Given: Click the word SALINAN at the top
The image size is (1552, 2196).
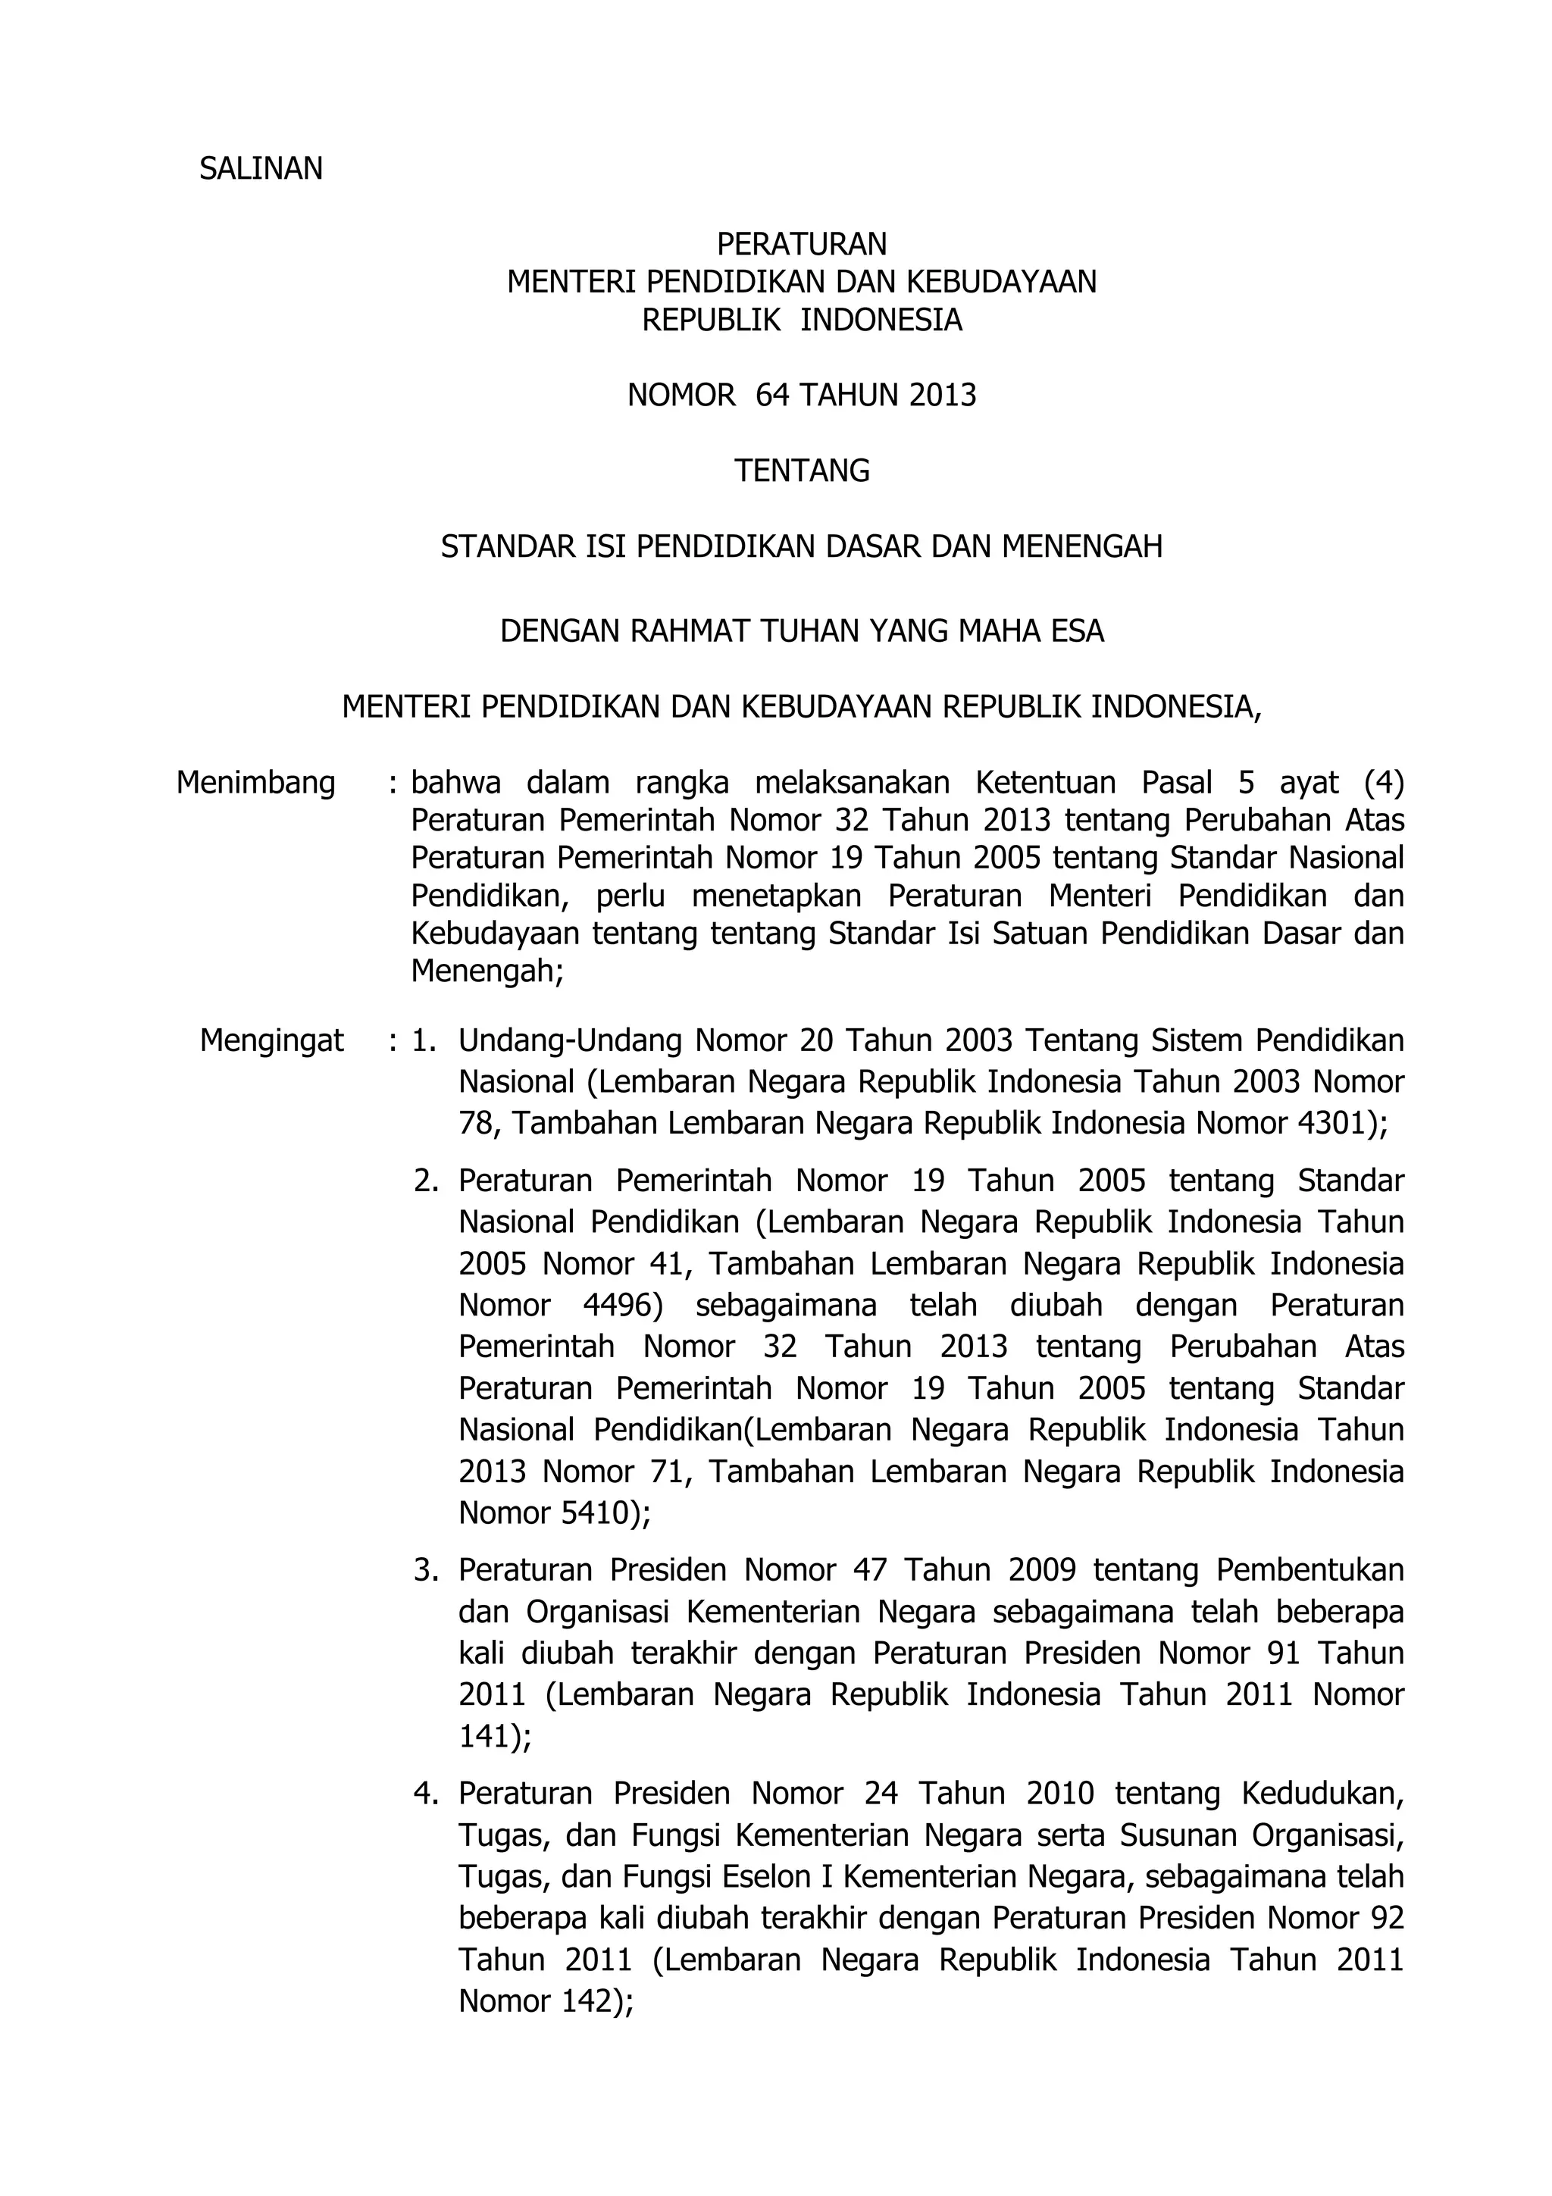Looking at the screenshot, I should point(260,169).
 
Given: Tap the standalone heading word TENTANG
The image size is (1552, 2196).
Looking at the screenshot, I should point(801,471).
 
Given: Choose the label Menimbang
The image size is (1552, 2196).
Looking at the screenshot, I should point(255,784).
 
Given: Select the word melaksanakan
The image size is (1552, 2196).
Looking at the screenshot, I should point(852,784).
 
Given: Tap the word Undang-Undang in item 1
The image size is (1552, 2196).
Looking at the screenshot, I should point(573,1040).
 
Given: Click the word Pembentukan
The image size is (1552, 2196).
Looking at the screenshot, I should point(1310,1571).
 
